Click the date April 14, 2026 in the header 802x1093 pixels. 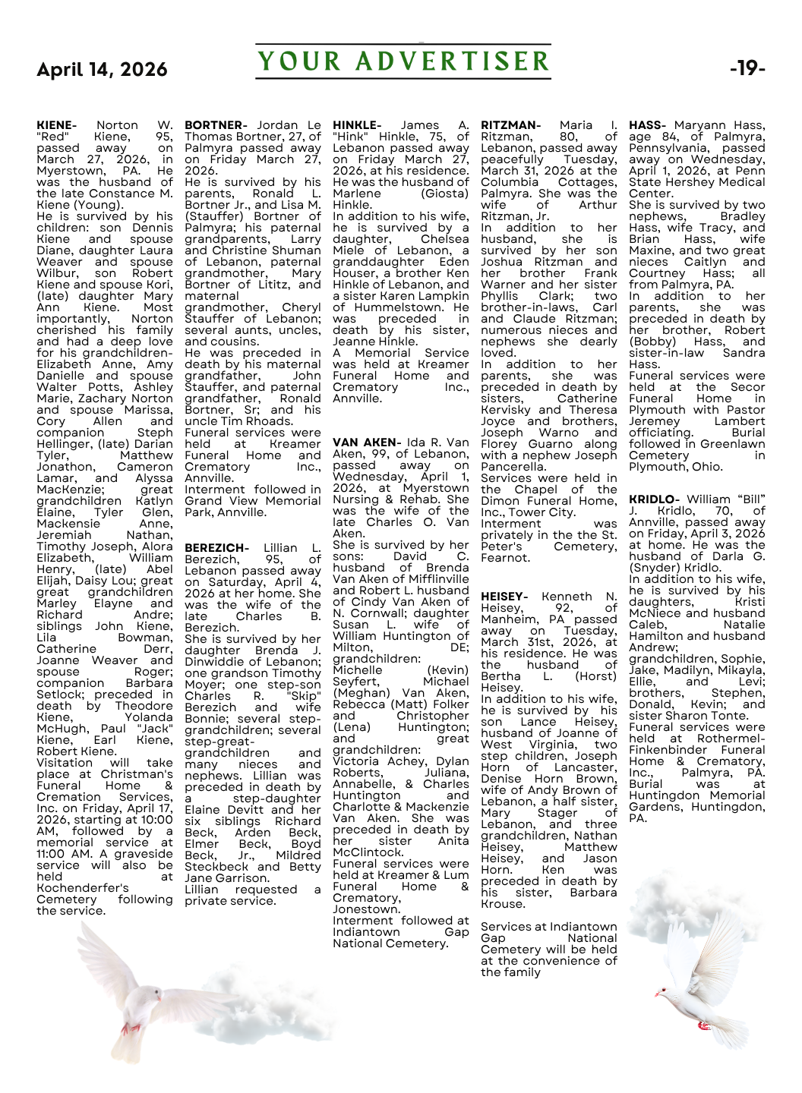click(102, 70)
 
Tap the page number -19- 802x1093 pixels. click(747, 68)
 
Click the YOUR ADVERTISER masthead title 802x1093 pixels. click(403, 61)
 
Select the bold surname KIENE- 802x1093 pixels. click(56, 125)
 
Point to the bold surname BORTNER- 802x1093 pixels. click(216, 125)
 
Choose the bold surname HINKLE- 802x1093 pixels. click(357, 125)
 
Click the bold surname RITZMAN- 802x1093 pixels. click(510, 125)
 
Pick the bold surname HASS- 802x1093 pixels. click(647, 125)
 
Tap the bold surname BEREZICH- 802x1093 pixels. click(216, 548)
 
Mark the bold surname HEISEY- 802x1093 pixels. click(504, 597)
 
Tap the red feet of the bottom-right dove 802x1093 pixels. click(703, 1025)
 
